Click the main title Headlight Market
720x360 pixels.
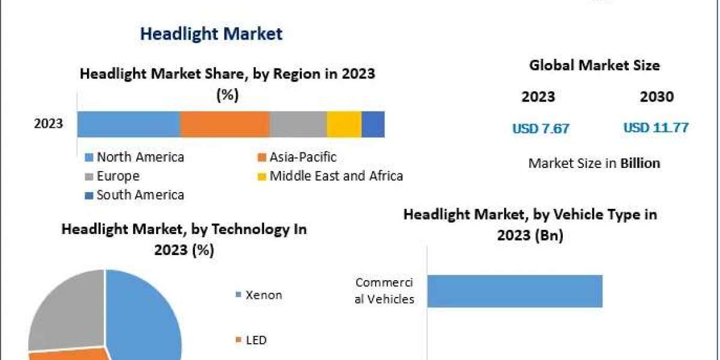(x=211, y=34)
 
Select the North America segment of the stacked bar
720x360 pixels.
(x=128, y=124)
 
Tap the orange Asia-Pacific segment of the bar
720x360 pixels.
(x=225, y=124)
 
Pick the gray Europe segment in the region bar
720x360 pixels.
(x=298, y=124)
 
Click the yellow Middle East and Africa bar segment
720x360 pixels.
(x=344, y=124)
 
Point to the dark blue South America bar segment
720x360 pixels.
(x=373, y=124)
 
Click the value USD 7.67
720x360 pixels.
(x=541, y=128)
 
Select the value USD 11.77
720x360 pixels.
(x=656, y=128)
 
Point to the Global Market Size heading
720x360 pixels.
(x=594, y=65)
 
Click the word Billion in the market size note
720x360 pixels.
(x=640, y=163)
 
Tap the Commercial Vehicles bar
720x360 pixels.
(x=514, y=291)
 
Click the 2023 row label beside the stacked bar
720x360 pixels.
(x=49, y=124)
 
